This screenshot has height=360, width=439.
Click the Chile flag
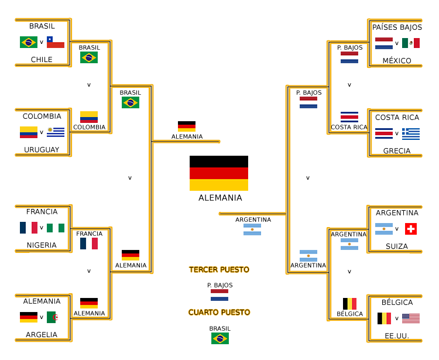56,42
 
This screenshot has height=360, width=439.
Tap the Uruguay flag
56,132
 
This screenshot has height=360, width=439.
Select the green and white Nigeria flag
56,228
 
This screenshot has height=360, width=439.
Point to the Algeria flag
56,317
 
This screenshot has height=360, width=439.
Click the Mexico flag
411,43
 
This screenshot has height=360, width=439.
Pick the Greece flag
411,133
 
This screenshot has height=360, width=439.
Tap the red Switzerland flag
411,229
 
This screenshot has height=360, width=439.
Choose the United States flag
411,318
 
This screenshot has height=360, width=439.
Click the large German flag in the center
219,173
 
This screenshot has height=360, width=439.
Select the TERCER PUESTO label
220,270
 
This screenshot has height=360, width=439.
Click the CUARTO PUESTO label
220,313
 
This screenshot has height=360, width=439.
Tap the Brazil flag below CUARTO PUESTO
220,338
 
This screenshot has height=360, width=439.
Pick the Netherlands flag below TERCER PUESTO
220,295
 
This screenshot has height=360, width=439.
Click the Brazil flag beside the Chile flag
29,42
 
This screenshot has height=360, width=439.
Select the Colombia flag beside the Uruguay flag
29,132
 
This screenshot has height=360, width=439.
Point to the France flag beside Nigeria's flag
29,228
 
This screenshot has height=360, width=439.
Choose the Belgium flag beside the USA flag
384,318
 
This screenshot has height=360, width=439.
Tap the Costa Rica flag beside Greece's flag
384,133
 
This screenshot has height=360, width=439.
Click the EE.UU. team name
397,336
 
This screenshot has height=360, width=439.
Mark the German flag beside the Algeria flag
29,317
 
